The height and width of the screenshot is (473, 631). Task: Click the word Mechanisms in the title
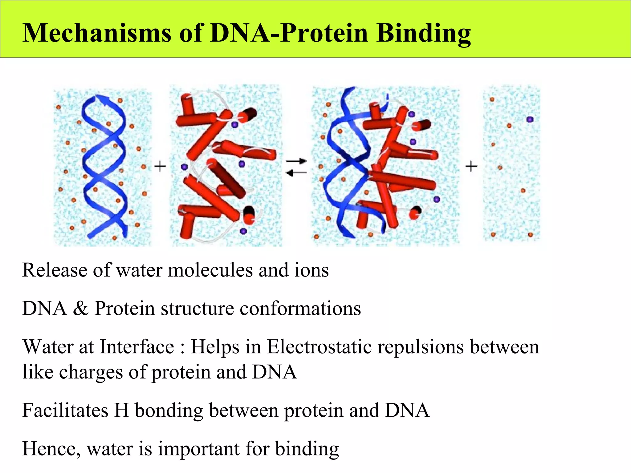point(97,33)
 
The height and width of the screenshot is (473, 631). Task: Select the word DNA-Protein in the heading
point(289,33)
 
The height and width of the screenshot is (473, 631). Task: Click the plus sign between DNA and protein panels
point(160,167)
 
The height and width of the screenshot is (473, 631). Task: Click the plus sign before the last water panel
point(471,167)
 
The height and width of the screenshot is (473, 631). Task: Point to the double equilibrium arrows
point(296,167)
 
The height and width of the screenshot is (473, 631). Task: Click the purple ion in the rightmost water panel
point(530,119)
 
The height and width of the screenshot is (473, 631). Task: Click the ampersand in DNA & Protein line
point(80,308)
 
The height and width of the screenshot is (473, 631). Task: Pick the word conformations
point(300,308)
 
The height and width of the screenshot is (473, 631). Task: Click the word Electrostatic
point(319,347)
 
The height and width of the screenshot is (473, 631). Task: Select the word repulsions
point(421,347)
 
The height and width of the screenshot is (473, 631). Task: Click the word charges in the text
point(91,372)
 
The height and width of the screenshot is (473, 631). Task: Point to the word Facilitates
point(65,410)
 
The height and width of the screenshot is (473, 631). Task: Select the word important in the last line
point(199,449)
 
